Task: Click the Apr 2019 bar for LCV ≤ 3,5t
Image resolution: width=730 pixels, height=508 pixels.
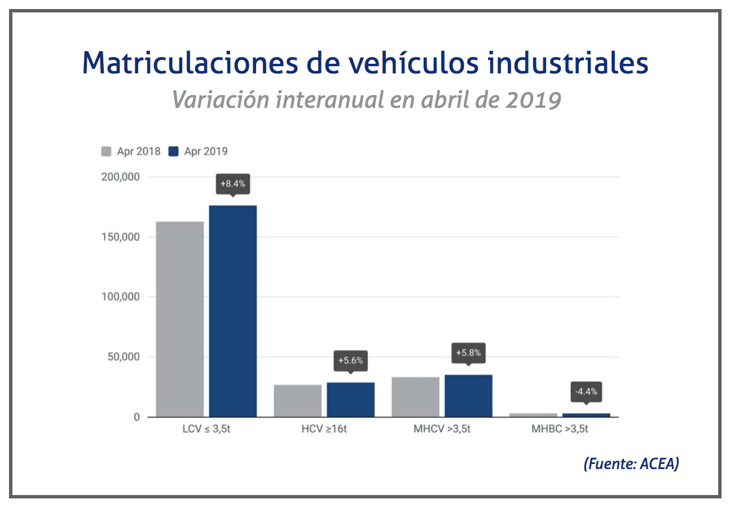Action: (232, 311)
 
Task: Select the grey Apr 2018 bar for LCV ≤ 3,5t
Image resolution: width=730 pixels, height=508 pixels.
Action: (180, 319)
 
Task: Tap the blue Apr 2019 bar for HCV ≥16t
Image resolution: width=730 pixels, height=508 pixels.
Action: (350, 400)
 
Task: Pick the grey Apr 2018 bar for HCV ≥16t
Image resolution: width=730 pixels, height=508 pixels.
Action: (298, 401)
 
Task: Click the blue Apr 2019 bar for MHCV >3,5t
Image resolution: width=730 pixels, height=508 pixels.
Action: (468, 396)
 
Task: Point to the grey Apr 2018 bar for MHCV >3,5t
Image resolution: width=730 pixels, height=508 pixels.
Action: (416, 397)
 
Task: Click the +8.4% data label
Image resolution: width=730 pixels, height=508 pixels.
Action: (232, 184)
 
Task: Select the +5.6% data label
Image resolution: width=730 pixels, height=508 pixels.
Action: (350, 360)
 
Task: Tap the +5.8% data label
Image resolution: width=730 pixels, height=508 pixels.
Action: (468, 353)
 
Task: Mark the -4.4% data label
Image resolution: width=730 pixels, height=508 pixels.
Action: (586, 391)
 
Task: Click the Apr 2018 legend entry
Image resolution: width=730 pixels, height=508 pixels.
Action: (131, 151)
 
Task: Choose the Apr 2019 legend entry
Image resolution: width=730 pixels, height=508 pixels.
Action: (199, 151)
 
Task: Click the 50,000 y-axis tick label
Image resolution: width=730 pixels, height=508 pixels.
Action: (121, 357)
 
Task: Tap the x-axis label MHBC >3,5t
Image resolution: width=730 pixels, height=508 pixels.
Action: (560, 429)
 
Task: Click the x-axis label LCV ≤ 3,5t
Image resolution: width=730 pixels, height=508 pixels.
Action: (206, 429)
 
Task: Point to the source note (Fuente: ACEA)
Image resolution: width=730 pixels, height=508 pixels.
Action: (631, 464)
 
